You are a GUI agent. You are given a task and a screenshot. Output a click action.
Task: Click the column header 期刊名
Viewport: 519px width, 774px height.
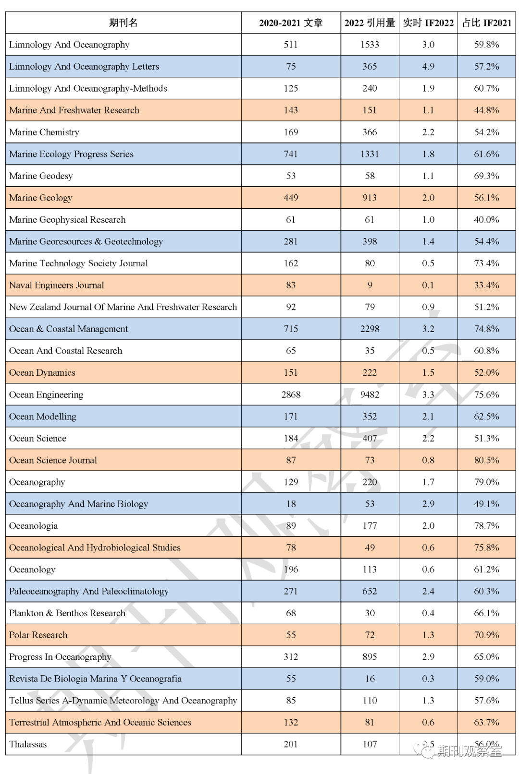[123, 23]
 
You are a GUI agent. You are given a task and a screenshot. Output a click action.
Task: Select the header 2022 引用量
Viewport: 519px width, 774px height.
[370, 23]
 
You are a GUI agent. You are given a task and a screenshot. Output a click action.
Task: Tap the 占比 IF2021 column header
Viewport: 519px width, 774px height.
[486, 23]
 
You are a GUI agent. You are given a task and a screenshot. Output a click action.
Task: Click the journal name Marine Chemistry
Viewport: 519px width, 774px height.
[44, 132]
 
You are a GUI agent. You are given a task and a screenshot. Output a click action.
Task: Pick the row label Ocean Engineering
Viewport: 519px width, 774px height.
[46, 394]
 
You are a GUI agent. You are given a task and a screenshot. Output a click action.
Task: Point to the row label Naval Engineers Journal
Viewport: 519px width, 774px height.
[56, 285]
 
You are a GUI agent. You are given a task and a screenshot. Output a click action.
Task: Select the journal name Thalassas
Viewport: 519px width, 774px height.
[28, 744]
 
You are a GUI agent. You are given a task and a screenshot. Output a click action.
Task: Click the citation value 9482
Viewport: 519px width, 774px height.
[370, 394]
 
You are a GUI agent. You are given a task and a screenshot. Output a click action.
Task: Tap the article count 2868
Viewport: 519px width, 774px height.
[291, 394]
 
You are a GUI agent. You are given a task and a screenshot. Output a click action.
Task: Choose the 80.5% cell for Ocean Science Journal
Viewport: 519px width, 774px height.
[486, 460]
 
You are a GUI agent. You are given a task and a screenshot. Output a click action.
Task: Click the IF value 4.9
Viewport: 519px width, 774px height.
[428, 66]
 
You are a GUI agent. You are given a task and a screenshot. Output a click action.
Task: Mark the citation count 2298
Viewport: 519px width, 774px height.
[370, 329]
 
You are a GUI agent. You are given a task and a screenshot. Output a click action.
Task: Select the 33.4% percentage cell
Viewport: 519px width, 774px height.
[486, 285]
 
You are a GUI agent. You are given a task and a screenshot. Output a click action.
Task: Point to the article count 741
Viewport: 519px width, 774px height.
[291, 154]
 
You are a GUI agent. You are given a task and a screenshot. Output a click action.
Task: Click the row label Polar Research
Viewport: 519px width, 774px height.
[38, 635]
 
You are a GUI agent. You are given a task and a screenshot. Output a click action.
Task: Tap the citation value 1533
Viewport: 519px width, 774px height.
[370, 45]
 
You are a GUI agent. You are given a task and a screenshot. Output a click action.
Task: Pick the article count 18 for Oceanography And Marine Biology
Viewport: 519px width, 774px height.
[291, 504]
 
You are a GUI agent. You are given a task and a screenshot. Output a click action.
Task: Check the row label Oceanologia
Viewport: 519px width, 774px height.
[34, 525]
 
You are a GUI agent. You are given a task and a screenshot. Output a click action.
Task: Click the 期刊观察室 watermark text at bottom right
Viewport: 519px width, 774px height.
[469, 750]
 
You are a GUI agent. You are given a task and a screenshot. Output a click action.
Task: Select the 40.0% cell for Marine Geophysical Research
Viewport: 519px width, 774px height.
[486, 219]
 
